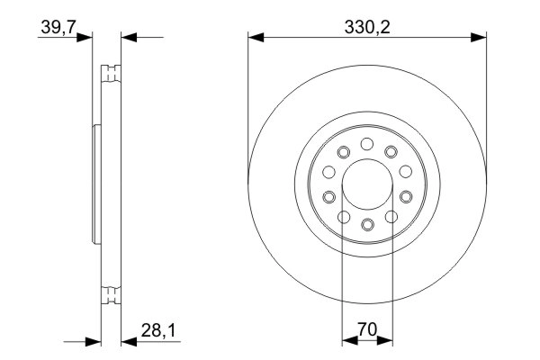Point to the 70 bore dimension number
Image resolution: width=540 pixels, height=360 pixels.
pos(367,329)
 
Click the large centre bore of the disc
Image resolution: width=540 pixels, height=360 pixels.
pos(367,184)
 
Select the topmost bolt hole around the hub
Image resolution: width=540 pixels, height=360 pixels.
pos(367,143)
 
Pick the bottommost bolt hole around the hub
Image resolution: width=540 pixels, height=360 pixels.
pos(367,224)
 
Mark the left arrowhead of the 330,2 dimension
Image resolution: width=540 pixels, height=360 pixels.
pos(255,38)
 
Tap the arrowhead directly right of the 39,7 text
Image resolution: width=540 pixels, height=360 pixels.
pos(86,38)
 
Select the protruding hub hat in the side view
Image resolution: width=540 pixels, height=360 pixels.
pos(96,184)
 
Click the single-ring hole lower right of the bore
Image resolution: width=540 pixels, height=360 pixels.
pos(407,196)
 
